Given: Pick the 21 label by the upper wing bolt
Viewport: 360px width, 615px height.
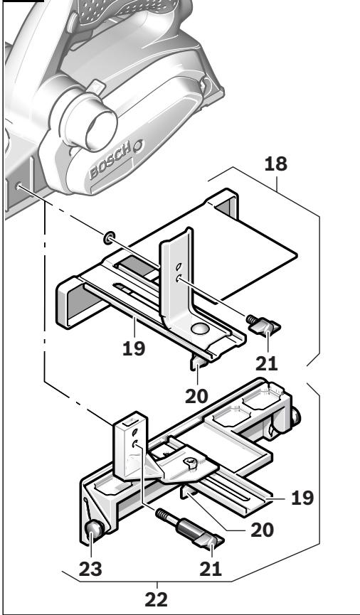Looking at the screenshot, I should pos(268,363).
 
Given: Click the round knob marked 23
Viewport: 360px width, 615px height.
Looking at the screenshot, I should pos(94,530).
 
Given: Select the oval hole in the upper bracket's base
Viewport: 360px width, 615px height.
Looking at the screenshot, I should pos(200,328).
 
